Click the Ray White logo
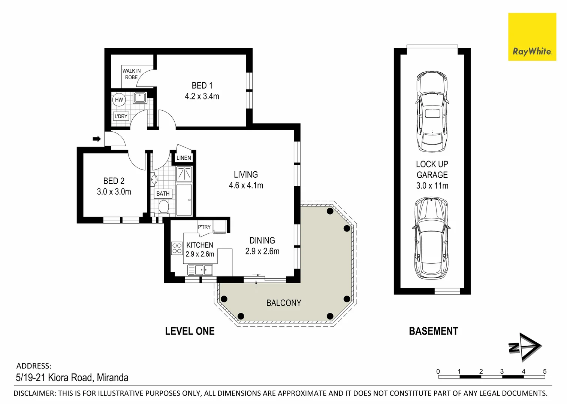pos(532,37)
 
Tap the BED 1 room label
pos(202,86)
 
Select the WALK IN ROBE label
pos(132,74)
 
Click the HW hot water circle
pos(119,100)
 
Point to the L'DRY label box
pos(121,116)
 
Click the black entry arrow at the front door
pos(97,139)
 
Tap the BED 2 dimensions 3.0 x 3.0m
pos(114,192)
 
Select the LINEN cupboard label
pos(184,158)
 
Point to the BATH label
pos(163,193)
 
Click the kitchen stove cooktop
pos(177,248)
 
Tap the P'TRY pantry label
pos(204,227)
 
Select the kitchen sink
pos(204,269)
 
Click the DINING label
pos(262,241)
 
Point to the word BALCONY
pos(284,303)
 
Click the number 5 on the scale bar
pos(545,371)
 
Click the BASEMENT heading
pos(433,331)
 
